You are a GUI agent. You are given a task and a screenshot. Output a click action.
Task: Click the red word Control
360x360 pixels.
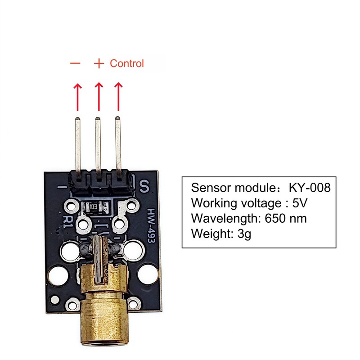tap(127, 63)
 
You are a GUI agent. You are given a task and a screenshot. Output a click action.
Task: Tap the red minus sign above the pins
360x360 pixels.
tap(75, 63)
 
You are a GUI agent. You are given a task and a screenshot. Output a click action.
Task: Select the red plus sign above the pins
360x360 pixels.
tap(99, 63)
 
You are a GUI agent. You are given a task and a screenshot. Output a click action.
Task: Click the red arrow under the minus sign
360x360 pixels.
tap(77, 97)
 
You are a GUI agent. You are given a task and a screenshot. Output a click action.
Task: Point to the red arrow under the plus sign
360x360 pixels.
tap(99, 97)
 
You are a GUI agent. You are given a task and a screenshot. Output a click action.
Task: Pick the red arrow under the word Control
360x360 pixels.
tap(118, 97)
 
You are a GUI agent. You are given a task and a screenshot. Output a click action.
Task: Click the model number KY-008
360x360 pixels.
tap(310, 188)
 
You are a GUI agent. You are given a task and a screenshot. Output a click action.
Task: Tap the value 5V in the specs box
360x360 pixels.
tap(300, 203)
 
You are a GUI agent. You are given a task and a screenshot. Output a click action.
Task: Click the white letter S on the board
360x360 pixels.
tap(144, 186)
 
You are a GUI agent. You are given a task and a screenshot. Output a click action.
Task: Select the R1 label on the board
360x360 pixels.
tap(68, 222)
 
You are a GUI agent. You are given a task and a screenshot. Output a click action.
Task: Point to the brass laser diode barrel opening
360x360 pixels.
tap(104, 344)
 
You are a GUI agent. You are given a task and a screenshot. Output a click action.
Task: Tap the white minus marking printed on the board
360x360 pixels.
tap(62, 187)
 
